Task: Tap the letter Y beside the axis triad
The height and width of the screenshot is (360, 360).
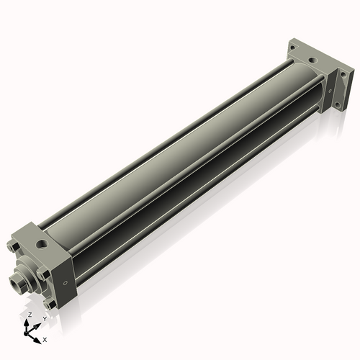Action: click(x=44, y=318)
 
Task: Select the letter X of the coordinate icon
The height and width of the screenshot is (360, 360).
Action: click(x=45, y=338)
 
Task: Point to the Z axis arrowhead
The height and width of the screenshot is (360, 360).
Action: click(x=27, y=323)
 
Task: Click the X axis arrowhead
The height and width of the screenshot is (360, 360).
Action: click(x=37, y=336)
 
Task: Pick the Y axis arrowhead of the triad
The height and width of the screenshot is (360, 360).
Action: click(x=37, y=323)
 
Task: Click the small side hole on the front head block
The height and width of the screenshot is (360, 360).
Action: click(x=67, y=282)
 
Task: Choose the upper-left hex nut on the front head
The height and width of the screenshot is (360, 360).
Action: click(x=14, y=248)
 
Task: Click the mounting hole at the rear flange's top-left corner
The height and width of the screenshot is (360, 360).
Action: click(x=294, y=48)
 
